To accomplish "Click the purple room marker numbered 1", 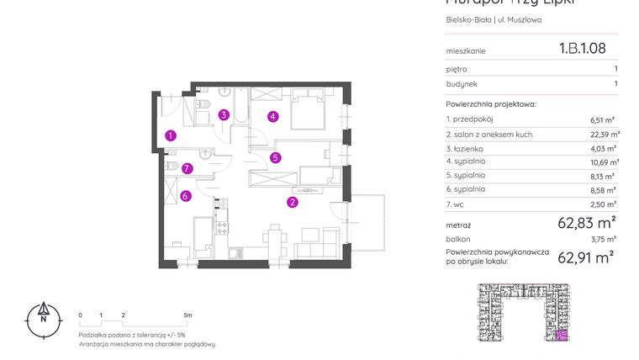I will point(171,135).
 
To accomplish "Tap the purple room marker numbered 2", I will point(292,202).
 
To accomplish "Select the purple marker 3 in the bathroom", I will point(223,115).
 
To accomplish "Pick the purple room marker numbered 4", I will point(273,117).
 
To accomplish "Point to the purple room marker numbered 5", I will point(275,156).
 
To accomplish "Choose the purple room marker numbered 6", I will point(186,196).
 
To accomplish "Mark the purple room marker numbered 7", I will point(187,168).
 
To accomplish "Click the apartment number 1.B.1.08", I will point(582,49).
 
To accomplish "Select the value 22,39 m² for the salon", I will point(604,134).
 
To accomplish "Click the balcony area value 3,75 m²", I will point(604,239).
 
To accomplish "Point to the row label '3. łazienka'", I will point(465,147).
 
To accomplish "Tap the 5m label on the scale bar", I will point(187,315).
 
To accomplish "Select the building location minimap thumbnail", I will point(522,313).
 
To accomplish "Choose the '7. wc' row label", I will point(456,204).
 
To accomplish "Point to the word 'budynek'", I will point(462,84).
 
